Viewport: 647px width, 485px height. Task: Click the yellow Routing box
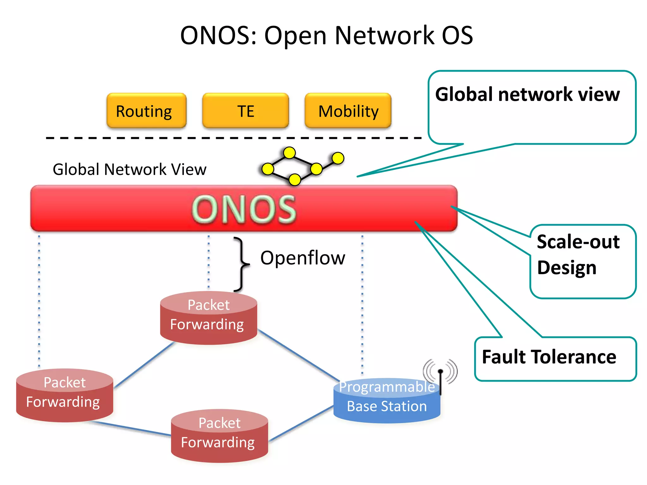[x=146, y=111]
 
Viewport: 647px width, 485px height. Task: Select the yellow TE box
[x=245, y=111]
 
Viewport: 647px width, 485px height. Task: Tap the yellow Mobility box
[x=348, y=111]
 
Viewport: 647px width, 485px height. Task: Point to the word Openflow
[x=302, y=258]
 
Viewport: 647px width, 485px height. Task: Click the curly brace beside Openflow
[x=242, y=264]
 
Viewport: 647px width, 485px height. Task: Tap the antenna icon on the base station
[x=440, y=374]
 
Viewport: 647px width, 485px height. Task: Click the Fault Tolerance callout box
[x=555, y=358]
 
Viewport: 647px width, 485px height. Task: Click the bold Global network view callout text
[x=527, y=94]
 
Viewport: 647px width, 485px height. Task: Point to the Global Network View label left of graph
[x=129, y=169]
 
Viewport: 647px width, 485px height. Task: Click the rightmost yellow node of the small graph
[x=338, y=158]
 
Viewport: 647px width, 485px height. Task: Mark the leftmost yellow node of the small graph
[x=268, y=169]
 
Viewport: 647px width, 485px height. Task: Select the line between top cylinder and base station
[x=298, y=355]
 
